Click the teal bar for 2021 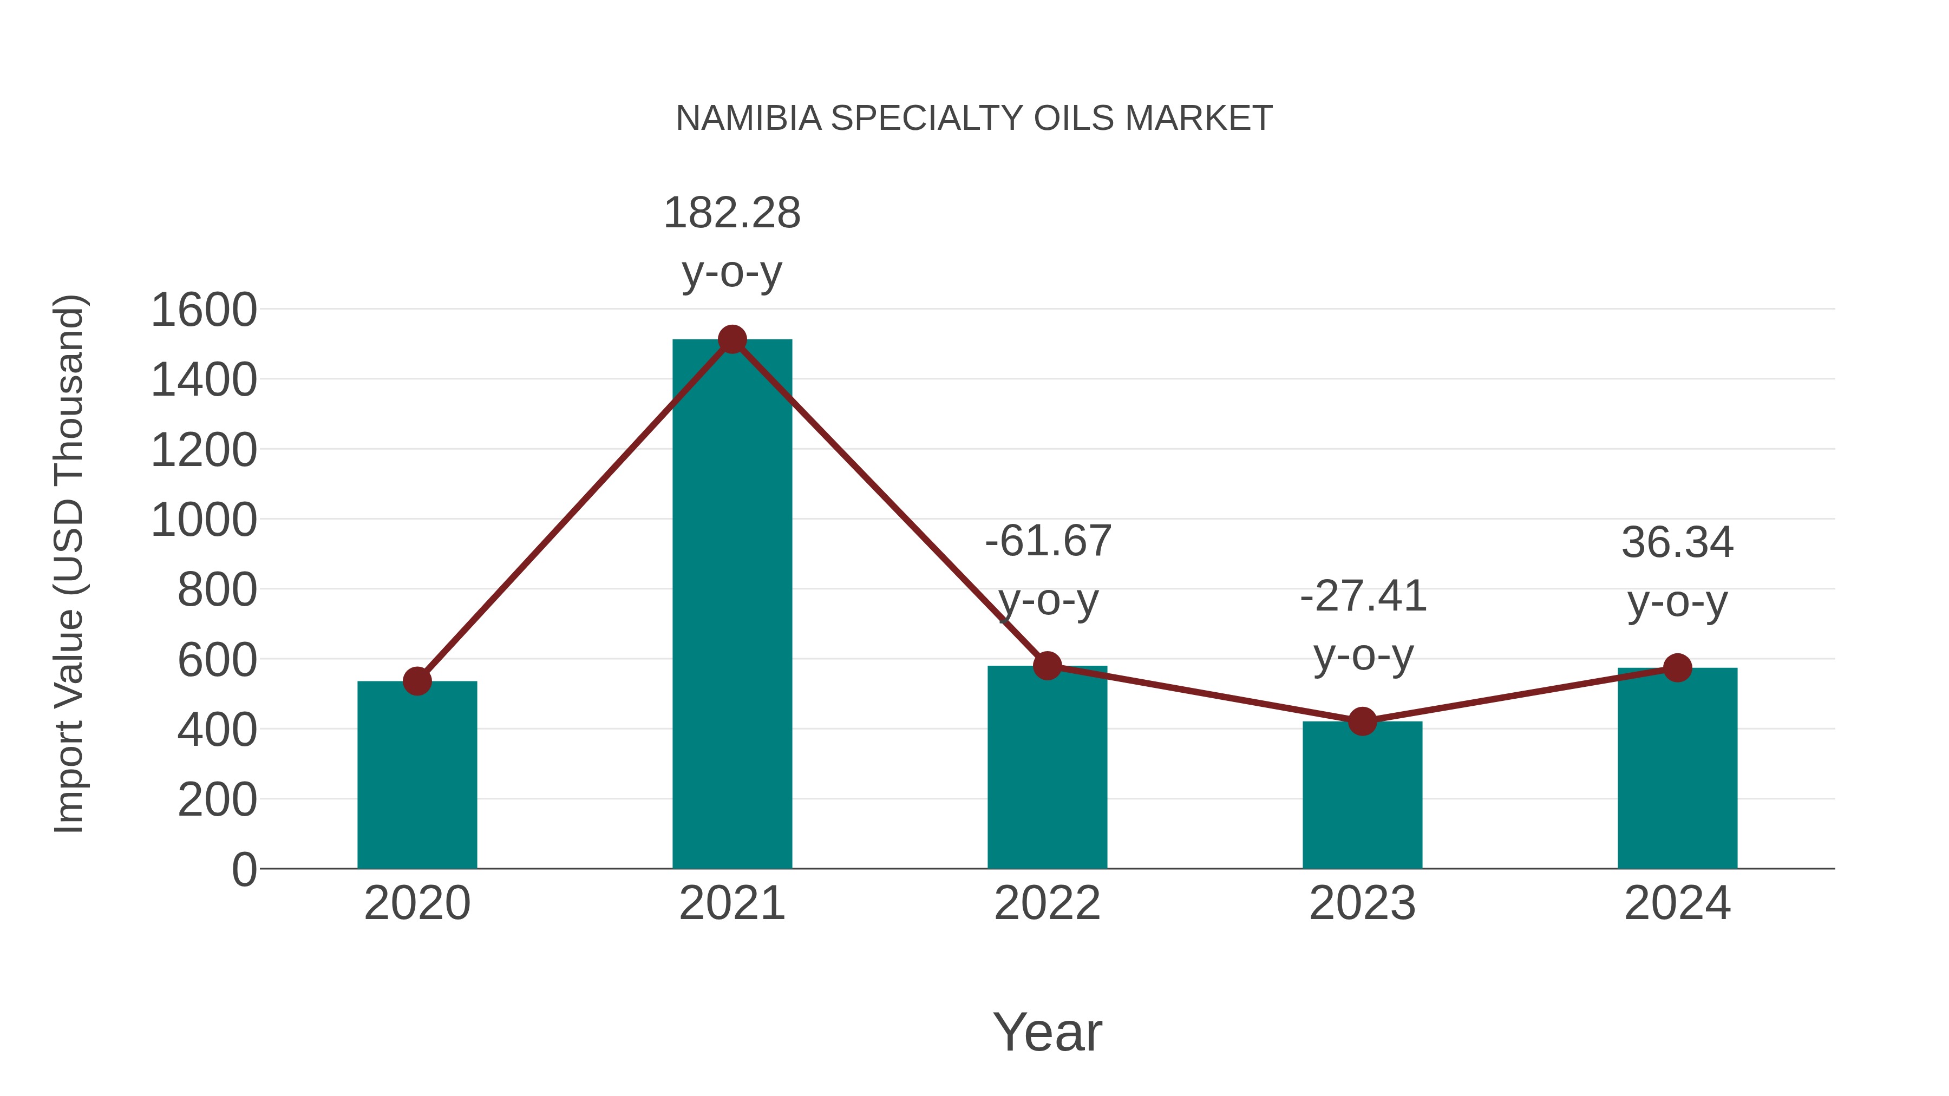click(731, 605)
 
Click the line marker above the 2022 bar click(1047, 666)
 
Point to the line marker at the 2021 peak click(731, 339)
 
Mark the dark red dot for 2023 click(1362, 721)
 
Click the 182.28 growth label click(731, 213)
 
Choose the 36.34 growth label click(1677, 543)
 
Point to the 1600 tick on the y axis click(204, 310)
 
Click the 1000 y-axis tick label click(204, 520)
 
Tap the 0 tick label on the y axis click(244, 870)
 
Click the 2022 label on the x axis click(1047, 903)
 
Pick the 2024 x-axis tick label click(1677, 903)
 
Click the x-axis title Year click(1047, 1032)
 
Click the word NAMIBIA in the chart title click(748, 119)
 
